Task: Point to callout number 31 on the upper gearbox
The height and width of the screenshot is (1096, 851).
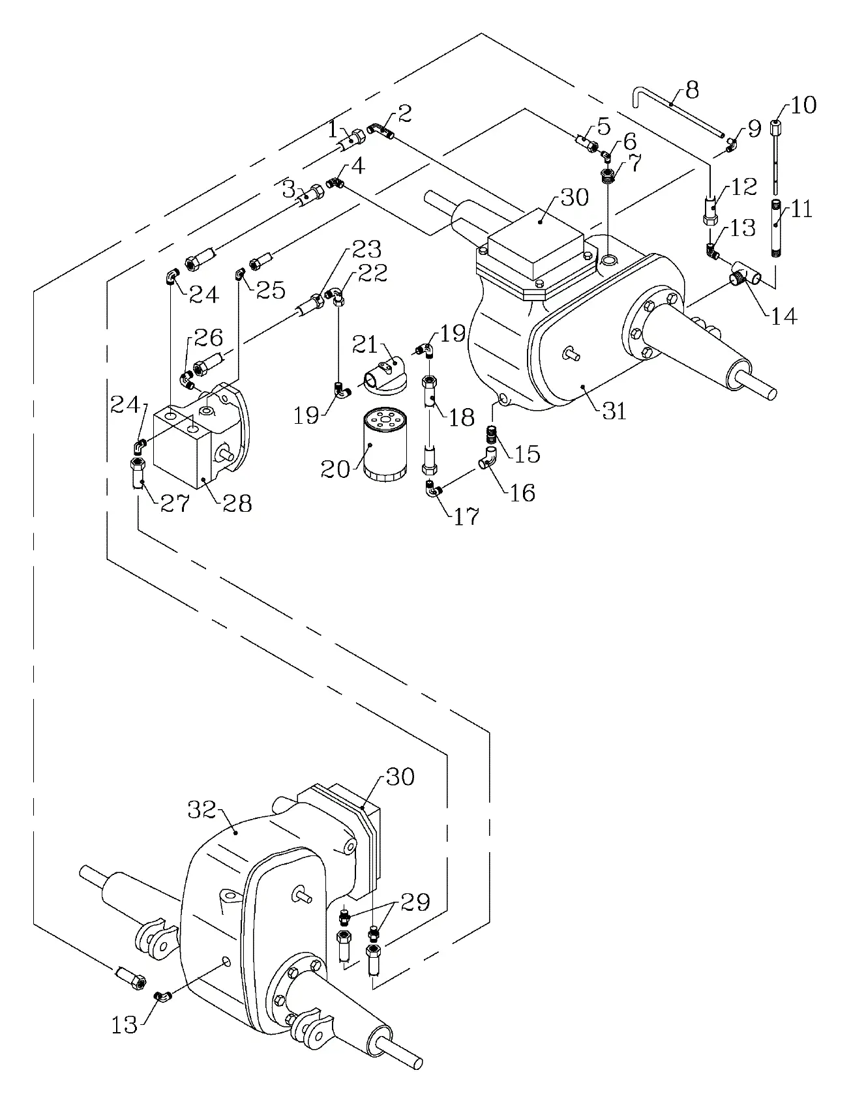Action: (614, 411)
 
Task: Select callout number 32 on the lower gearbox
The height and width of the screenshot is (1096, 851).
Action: (202, 810)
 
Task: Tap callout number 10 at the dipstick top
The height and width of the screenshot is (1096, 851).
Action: (803, 104)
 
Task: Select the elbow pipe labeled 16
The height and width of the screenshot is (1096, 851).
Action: (488, 457)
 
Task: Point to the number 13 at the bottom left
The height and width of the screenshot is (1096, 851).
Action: (124, 1025)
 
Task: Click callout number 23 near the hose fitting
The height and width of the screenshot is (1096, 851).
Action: (367, 249)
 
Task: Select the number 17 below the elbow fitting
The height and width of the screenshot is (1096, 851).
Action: (466, 516)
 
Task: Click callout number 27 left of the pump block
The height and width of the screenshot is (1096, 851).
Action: (175, 503)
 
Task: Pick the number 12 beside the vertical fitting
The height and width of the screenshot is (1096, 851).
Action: (743, 187)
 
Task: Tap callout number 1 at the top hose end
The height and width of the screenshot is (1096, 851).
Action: (333, 129)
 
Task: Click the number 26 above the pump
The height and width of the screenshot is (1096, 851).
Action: (208, 337)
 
